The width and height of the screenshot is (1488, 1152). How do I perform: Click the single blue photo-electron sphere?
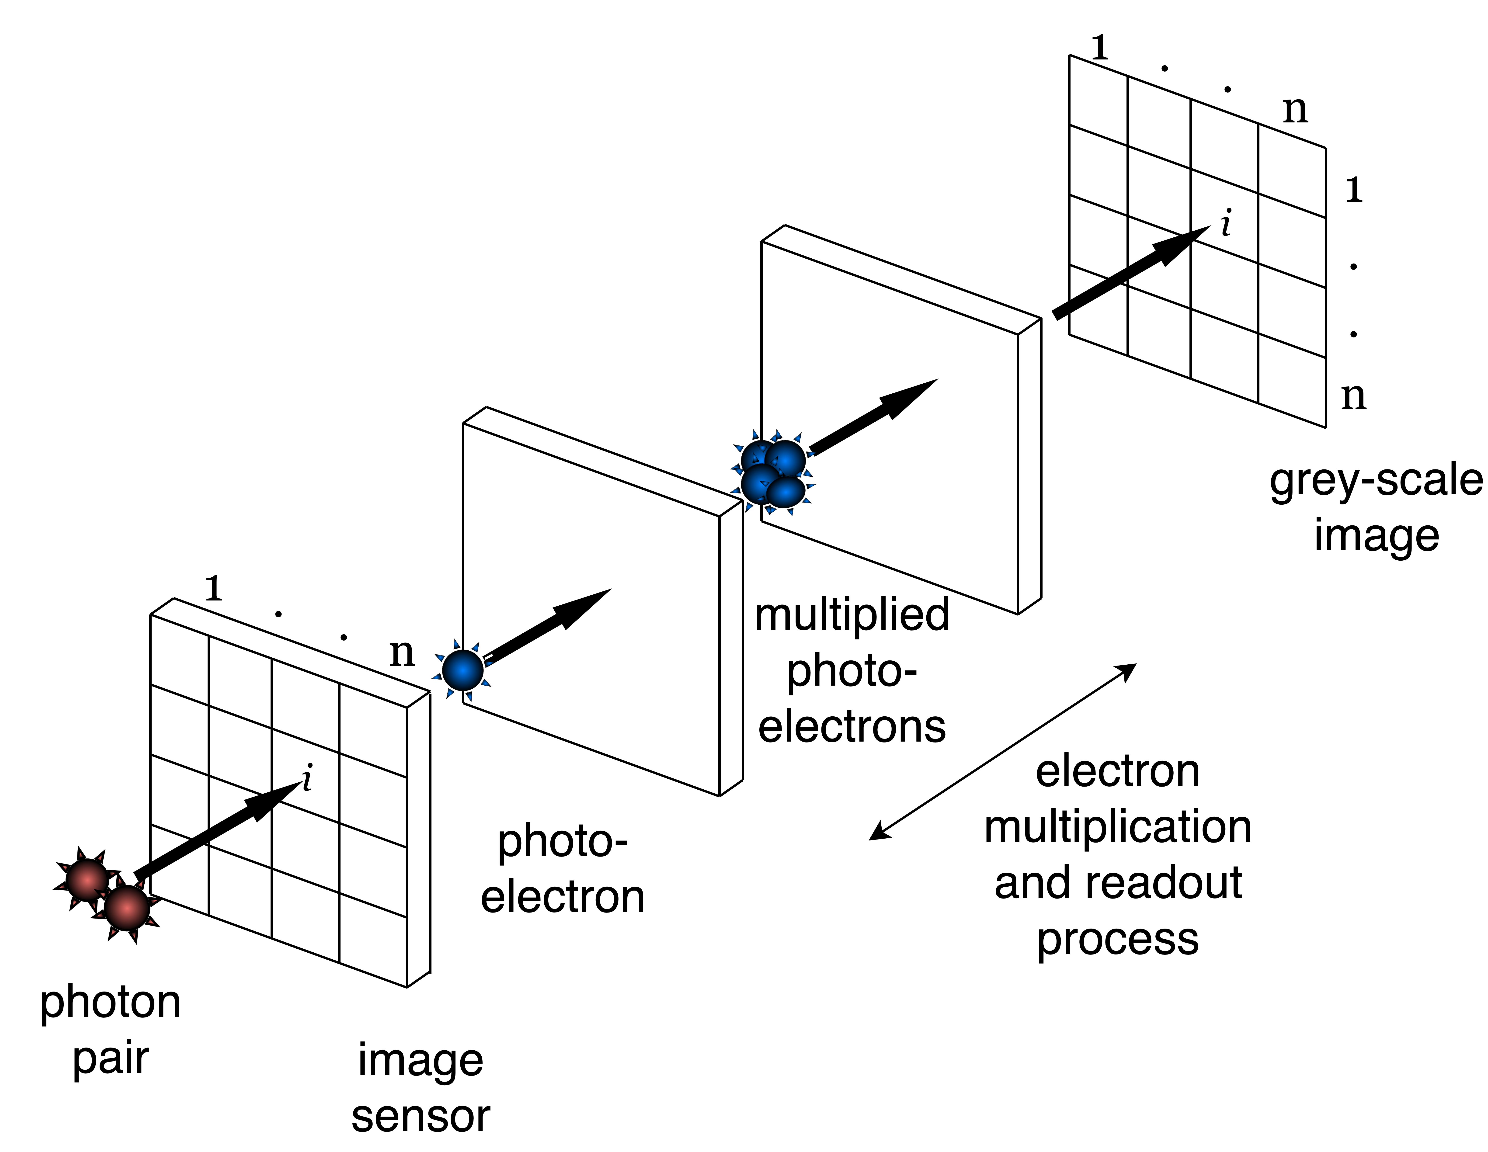click(x=463, y=670)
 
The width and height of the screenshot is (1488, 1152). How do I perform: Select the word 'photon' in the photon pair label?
click(x=110, y=1003)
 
